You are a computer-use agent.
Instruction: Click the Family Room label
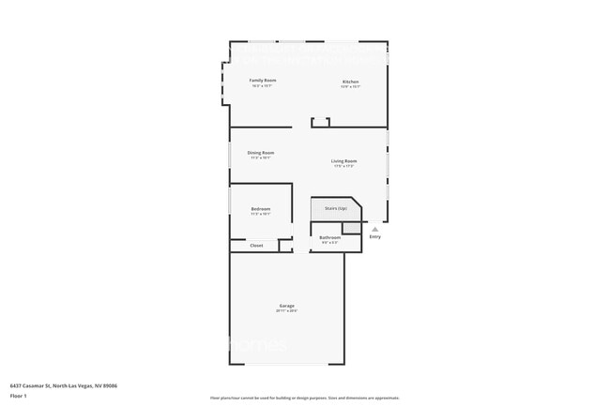(x=263, y=81)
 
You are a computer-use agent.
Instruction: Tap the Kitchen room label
(x=350, y=82)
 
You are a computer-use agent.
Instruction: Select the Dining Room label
(x=261, y=152)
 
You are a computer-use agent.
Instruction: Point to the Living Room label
(x=344, y=160)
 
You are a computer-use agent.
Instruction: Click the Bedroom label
(x=261, y=208)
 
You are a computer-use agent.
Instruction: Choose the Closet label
(x=256, y=245)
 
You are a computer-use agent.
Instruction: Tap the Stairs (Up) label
(x=336, y=207)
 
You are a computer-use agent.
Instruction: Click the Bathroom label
(x=329, y=237)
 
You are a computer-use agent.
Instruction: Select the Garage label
(x=286, y=306)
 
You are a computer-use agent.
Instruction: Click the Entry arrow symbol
(x=374, y=229)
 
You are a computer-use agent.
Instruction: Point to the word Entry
(x=375, y=236)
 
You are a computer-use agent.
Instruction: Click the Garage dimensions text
(x=286, y=311)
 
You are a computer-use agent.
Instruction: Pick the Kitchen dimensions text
(x=350, y=87)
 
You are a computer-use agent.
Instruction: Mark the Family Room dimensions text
(x=263, y=86)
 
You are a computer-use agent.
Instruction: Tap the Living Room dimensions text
(x=344, y=166)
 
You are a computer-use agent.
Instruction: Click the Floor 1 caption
(x=17, y=396)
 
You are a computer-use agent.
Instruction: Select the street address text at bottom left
(x=63, y=384)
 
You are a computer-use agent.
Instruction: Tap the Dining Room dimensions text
(x=261, y=158)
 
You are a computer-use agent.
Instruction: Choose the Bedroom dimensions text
(x=261, y=214)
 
